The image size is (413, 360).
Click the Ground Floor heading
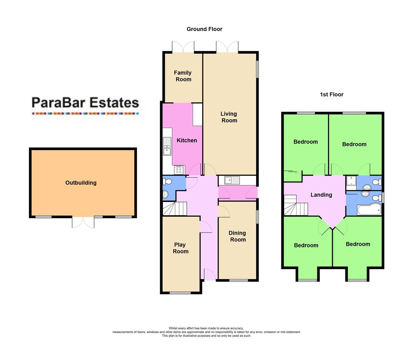204,29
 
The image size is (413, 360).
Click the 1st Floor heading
331,94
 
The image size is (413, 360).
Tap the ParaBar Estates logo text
85,103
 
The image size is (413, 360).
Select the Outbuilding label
81,183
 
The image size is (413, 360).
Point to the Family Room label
183,76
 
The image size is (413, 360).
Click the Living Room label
229,117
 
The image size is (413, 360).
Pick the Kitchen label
186,140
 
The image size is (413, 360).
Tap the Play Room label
180,248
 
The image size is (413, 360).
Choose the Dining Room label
238,236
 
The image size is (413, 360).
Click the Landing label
321,195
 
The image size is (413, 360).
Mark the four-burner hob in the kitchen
178,170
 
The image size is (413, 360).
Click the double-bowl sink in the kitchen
167,146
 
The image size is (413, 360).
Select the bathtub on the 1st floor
369,210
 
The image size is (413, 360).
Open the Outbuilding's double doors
83,222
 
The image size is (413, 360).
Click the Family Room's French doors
183,47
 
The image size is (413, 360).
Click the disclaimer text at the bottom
206,332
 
